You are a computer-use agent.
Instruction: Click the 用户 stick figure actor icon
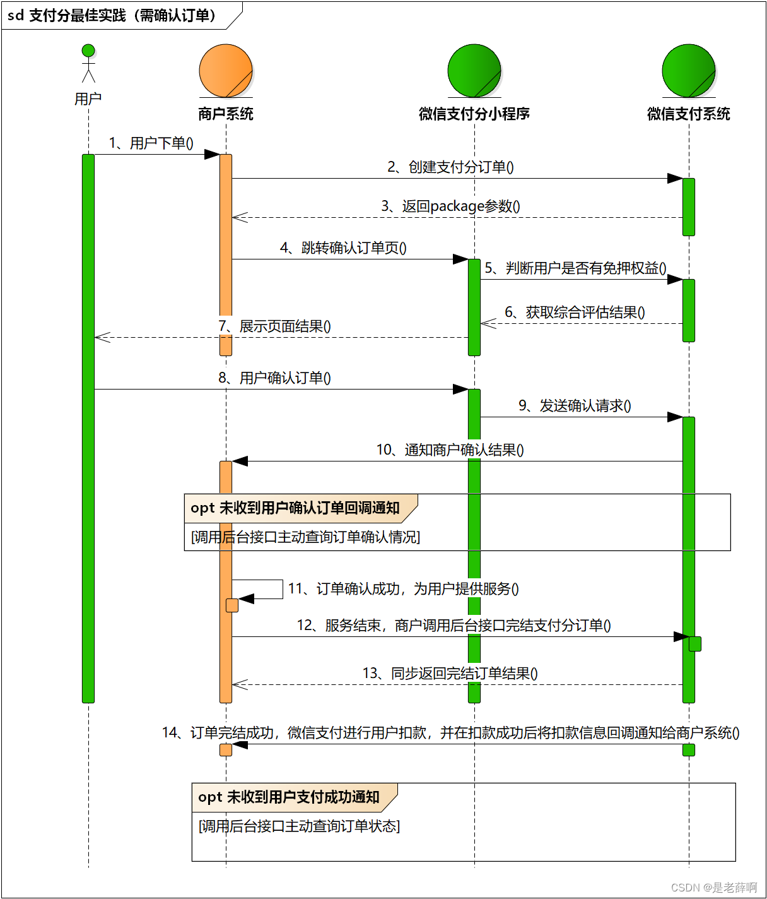click(x=88, y=64)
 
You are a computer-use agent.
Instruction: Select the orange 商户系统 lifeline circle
click(x=226, y=71)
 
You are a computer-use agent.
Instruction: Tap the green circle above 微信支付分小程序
click(x=474, y=71)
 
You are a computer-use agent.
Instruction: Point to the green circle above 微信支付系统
click(x=689, y=71)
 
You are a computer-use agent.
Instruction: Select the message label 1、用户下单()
click(x=151, y=143)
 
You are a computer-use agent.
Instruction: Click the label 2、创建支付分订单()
click(x=450, y=167)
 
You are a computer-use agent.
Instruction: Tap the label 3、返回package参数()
click(x=450, y=206)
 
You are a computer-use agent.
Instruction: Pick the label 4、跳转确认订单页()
click(x=343, y=248)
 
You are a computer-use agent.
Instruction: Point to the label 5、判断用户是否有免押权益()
click(x=575, y=268)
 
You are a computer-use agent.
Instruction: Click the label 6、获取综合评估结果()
click(x=575, y=313)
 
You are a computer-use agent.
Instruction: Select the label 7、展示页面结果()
click(x=274, y=326)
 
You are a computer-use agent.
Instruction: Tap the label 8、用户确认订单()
click(x=274, y=378)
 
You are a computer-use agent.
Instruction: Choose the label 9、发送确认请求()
click(x=575, y=406)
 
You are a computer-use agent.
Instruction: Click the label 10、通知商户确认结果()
click(x=450, y=450)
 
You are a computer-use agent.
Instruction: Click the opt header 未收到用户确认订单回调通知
click(x=295, y=508)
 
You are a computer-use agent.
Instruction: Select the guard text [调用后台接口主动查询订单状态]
click(x=299, y=826)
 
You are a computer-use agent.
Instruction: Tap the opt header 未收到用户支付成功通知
click(x=289, y=797)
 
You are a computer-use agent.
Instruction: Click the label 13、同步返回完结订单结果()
click(x=450, y=674)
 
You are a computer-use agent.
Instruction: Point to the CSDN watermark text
click(x=714, y=888)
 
